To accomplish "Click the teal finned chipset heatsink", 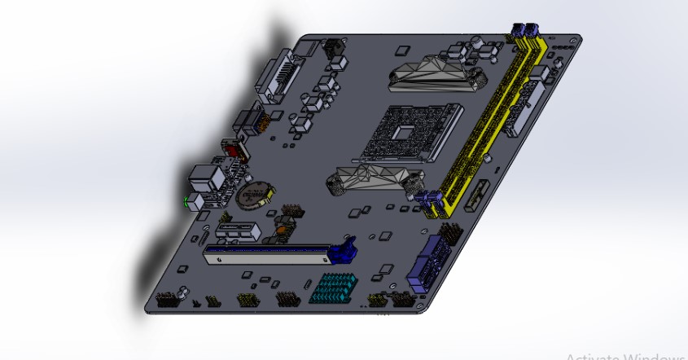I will pos(334,289).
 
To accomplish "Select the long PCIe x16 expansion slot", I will pos(269,257).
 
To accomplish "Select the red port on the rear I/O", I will pos(236,150).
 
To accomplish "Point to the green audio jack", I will pos(188,201).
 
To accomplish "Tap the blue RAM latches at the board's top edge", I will pos(525,30).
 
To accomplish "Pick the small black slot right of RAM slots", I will pos(481,192).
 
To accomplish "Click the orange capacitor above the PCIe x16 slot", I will pos(281,230).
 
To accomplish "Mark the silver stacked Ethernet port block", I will pos(208,179).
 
